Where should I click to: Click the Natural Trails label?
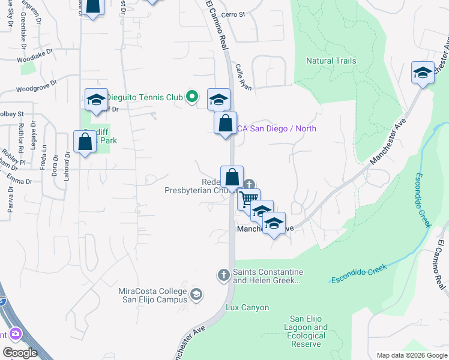pyautogui.click(x=331, y=61)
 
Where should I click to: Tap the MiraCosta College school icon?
pyautogui.click(x=196, y=294)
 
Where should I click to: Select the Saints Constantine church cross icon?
pyautogui.click(x=223, y=275)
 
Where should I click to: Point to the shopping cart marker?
pyautogui.click(x=249, y=198)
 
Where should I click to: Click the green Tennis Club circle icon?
pyautogui.click(x=192, y=96)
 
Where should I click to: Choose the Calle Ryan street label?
pyautogui.click(x=243, y=77)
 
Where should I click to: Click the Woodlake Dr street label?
pyautogui.click(x=36, y=60)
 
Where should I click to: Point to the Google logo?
pyautogui.click(x=20, y=353)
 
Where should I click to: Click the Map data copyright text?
pyautogui.click(x=412, y=355)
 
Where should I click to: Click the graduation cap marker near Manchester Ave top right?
pyautogui.click(x=423, y=72)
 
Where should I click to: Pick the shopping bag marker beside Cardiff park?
pyautogui.click(x=85, y=142)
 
